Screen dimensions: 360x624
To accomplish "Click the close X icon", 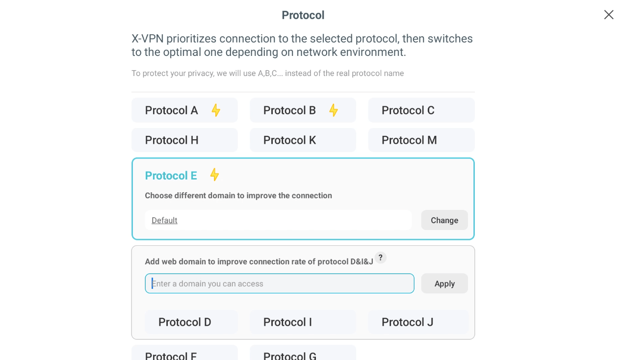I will point(608,15).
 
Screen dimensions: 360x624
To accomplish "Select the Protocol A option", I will point(184,110).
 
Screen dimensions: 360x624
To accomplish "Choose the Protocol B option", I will point(303,110).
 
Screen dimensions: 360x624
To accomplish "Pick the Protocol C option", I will point(421,110).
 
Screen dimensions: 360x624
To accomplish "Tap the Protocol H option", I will point(184,140).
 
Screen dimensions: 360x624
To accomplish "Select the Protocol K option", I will point(303,140).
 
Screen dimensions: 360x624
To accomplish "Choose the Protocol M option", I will point(421,140).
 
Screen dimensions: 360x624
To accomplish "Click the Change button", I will point(444,220).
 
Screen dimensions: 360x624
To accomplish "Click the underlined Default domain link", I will point(164,220).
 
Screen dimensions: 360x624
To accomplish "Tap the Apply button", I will point(444,283).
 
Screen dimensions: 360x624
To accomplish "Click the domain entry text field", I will point(280,283).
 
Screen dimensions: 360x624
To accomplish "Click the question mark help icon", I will point(381,257).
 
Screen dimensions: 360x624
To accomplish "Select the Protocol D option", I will point(191,322).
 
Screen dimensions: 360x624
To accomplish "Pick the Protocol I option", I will point(303,322).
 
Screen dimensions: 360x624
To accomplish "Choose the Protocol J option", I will point(418,322).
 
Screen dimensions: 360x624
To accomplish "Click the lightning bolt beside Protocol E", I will point(214,175).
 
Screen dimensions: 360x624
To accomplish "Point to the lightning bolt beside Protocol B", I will point(334,110).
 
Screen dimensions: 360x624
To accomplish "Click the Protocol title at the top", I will point(303,15).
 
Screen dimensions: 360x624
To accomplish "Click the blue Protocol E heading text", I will point(171,176).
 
